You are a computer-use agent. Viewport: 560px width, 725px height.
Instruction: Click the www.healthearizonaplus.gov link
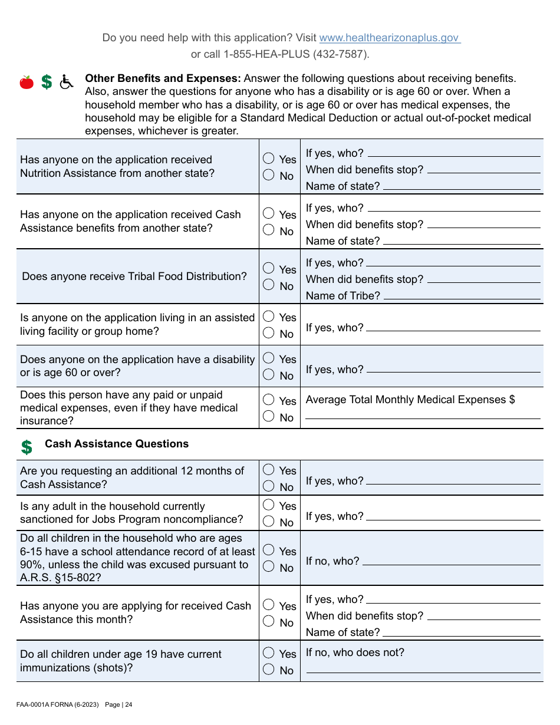[x=389, y=38]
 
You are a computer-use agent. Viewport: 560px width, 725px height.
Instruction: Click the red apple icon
[x=27, y=83]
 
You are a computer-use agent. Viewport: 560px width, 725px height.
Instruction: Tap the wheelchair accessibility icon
[x=67, y=82]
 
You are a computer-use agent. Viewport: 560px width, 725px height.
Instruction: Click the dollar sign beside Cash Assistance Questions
[x=27, y=447]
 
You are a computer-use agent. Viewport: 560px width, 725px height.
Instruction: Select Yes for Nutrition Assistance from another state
[x=269, y=159]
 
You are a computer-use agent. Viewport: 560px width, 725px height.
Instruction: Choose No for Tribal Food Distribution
[x=269, y=285]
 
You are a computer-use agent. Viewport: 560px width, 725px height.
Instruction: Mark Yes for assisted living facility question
[x=269, y=317]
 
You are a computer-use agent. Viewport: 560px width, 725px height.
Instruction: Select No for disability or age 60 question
[x=269, y=375]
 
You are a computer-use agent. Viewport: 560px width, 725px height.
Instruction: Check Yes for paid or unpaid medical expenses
[x=269, y=400]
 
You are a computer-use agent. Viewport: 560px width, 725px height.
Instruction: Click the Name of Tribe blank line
[x=462, y=296]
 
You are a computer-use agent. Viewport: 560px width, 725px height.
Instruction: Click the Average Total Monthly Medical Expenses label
[x=410, y=400]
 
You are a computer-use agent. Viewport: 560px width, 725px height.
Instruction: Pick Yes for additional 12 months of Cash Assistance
[x=269, y=470]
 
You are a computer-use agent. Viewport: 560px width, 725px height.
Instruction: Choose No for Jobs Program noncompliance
[x=269, y=522]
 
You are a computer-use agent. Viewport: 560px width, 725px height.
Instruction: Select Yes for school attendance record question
[x=269, y=551]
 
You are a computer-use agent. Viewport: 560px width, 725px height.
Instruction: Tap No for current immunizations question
[x=269, y=670]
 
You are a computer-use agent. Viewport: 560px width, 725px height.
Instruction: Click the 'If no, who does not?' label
[x=355, y=652]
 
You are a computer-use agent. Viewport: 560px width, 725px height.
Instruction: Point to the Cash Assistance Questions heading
[x=117, y=444]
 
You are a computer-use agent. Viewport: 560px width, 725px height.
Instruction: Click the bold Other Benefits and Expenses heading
[x=163, y=78]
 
